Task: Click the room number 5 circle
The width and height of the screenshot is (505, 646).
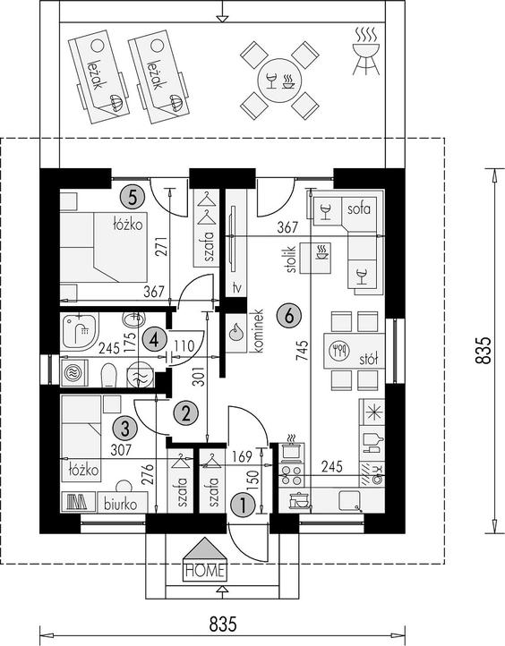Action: click(x=132, y=197)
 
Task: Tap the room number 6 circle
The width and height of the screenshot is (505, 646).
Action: click(x=289, y=316)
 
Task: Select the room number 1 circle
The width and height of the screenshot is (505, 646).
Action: click(x=244, y=505)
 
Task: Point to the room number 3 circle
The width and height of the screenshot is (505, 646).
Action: click(x=125, y=429)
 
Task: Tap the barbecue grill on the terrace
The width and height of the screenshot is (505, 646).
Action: click(x=366, y=51)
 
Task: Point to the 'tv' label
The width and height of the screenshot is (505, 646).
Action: click(x=236, y=287)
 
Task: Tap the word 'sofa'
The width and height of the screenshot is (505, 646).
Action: click(x=359, y=208)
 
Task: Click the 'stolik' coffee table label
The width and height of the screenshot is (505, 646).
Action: click(x=291, y=259)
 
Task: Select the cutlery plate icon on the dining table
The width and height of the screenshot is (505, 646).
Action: click(x=339, y=351)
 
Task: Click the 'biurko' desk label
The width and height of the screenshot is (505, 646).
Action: click(x=120, y=504)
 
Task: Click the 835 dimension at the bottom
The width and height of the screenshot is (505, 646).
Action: click(x=223, y=625)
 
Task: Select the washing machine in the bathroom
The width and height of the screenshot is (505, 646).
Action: click(x=74, y=373)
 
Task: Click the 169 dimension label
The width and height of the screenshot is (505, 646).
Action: click(x=242, y=456)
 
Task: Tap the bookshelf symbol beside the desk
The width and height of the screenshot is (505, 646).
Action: click(x=78, y=501)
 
